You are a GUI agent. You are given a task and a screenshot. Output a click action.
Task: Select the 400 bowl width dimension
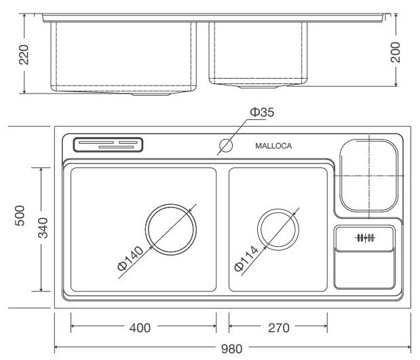click(x=140, y=328)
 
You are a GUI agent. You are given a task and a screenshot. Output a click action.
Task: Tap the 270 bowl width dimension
click(x=278, y=328)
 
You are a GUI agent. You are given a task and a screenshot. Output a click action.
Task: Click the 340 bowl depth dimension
click(x=41, y=227)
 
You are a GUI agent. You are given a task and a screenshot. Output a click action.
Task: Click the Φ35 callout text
click(x=262, y=113)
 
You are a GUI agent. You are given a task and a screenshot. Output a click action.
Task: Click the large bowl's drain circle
click(x=172, y=228)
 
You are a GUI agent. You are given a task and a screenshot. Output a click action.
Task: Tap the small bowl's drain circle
click(x=278, y=228)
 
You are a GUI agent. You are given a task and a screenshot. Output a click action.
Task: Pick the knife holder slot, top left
click(x=109, y=144)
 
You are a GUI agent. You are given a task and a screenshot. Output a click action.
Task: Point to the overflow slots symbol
click(x=365, y=237)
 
